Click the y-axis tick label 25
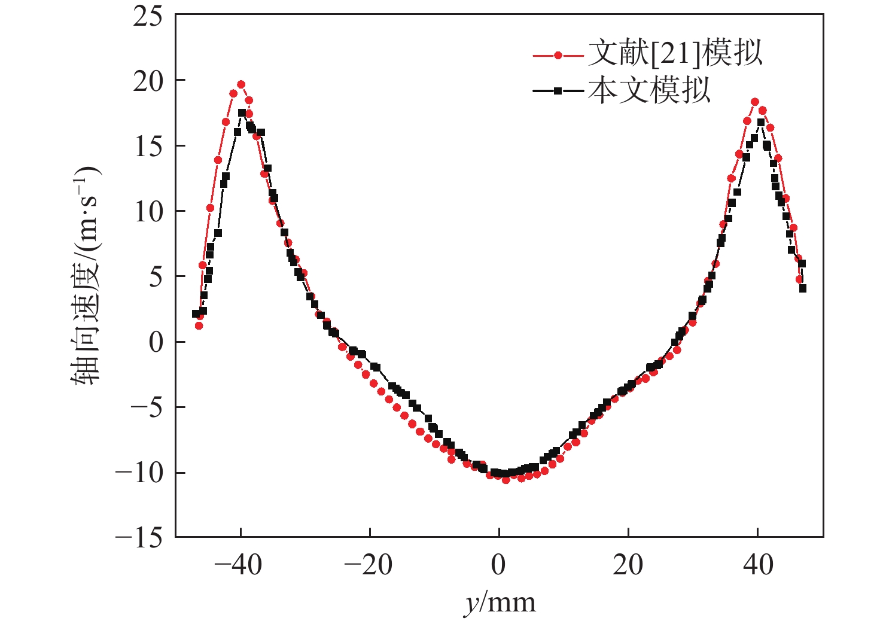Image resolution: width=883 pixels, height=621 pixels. (148, 17)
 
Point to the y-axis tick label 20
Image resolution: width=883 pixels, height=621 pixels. (148, 81)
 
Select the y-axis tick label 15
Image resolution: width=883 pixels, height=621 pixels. (148, 147)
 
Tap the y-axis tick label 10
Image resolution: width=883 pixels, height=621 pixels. (148, 212)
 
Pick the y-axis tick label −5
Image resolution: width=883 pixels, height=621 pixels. (147, 408)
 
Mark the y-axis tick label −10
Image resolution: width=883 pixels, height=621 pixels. (139, 473)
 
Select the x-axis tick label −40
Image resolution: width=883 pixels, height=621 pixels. (238, 565)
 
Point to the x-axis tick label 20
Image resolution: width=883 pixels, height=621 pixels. (628, 565)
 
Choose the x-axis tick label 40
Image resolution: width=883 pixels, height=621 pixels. (758, 565)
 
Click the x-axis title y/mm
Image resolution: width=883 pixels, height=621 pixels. (500, 602)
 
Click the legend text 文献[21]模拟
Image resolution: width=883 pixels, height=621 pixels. (675, 54)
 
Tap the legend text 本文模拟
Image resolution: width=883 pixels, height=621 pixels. (649, 91)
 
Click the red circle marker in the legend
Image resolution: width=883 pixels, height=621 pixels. (558, 56)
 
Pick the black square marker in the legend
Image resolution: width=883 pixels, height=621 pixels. (558, 91)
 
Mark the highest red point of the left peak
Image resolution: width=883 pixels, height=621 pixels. (241, 84)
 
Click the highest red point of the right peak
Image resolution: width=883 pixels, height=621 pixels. (755, 102)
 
